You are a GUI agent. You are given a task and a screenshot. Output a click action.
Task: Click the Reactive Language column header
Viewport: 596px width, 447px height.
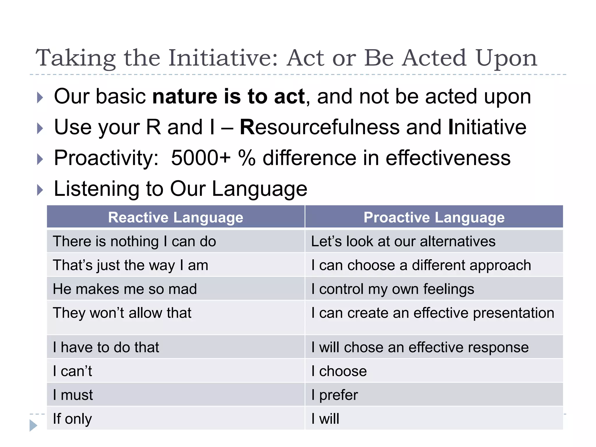coord(175,217)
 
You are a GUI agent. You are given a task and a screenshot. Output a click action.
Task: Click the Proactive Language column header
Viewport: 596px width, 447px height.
coord(434,217)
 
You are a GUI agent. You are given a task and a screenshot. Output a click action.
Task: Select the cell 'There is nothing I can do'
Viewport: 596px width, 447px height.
coord(134,242)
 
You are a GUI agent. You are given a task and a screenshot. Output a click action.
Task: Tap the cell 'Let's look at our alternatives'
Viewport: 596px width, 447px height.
coord(403,242)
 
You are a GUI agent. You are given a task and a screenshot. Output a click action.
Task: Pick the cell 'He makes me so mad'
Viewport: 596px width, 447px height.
coord(125,289)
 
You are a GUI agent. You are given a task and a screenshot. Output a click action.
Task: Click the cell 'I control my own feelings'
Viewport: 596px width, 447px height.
coord(393,289)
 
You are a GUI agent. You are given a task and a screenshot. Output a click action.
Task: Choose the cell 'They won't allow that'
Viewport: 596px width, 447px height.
coord(122,313)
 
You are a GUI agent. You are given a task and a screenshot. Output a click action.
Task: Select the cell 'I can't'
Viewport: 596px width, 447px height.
coord(72,371)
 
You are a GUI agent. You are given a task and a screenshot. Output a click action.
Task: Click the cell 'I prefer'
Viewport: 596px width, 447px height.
coord(335,395)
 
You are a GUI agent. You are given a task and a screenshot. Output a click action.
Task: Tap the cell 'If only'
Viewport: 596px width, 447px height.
coord(72,419)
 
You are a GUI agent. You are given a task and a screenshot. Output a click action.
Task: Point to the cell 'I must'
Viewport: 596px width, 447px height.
coord(73,395)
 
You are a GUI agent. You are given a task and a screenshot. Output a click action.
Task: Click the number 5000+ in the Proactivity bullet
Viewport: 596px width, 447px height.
coord(201,158)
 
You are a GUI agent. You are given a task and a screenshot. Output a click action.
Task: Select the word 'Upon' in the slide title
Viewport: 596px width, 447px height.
coord(506,58)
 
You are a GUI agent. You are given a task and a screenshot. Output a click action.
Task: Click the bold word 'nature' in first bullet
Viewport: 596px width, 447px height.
coord(185,97)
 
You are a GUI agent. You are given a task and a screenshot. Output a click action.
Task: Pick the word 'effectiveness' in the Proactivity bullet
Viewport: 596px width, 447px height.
coord(448,158)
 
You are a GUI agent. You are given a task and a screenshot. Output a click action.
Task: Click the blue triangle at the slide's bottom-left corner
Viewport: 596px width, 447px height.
coord(33,425)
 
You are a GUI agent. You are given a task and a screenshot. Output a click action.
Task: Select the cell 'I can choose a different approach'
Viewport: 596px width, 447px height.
coord(421,265)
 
